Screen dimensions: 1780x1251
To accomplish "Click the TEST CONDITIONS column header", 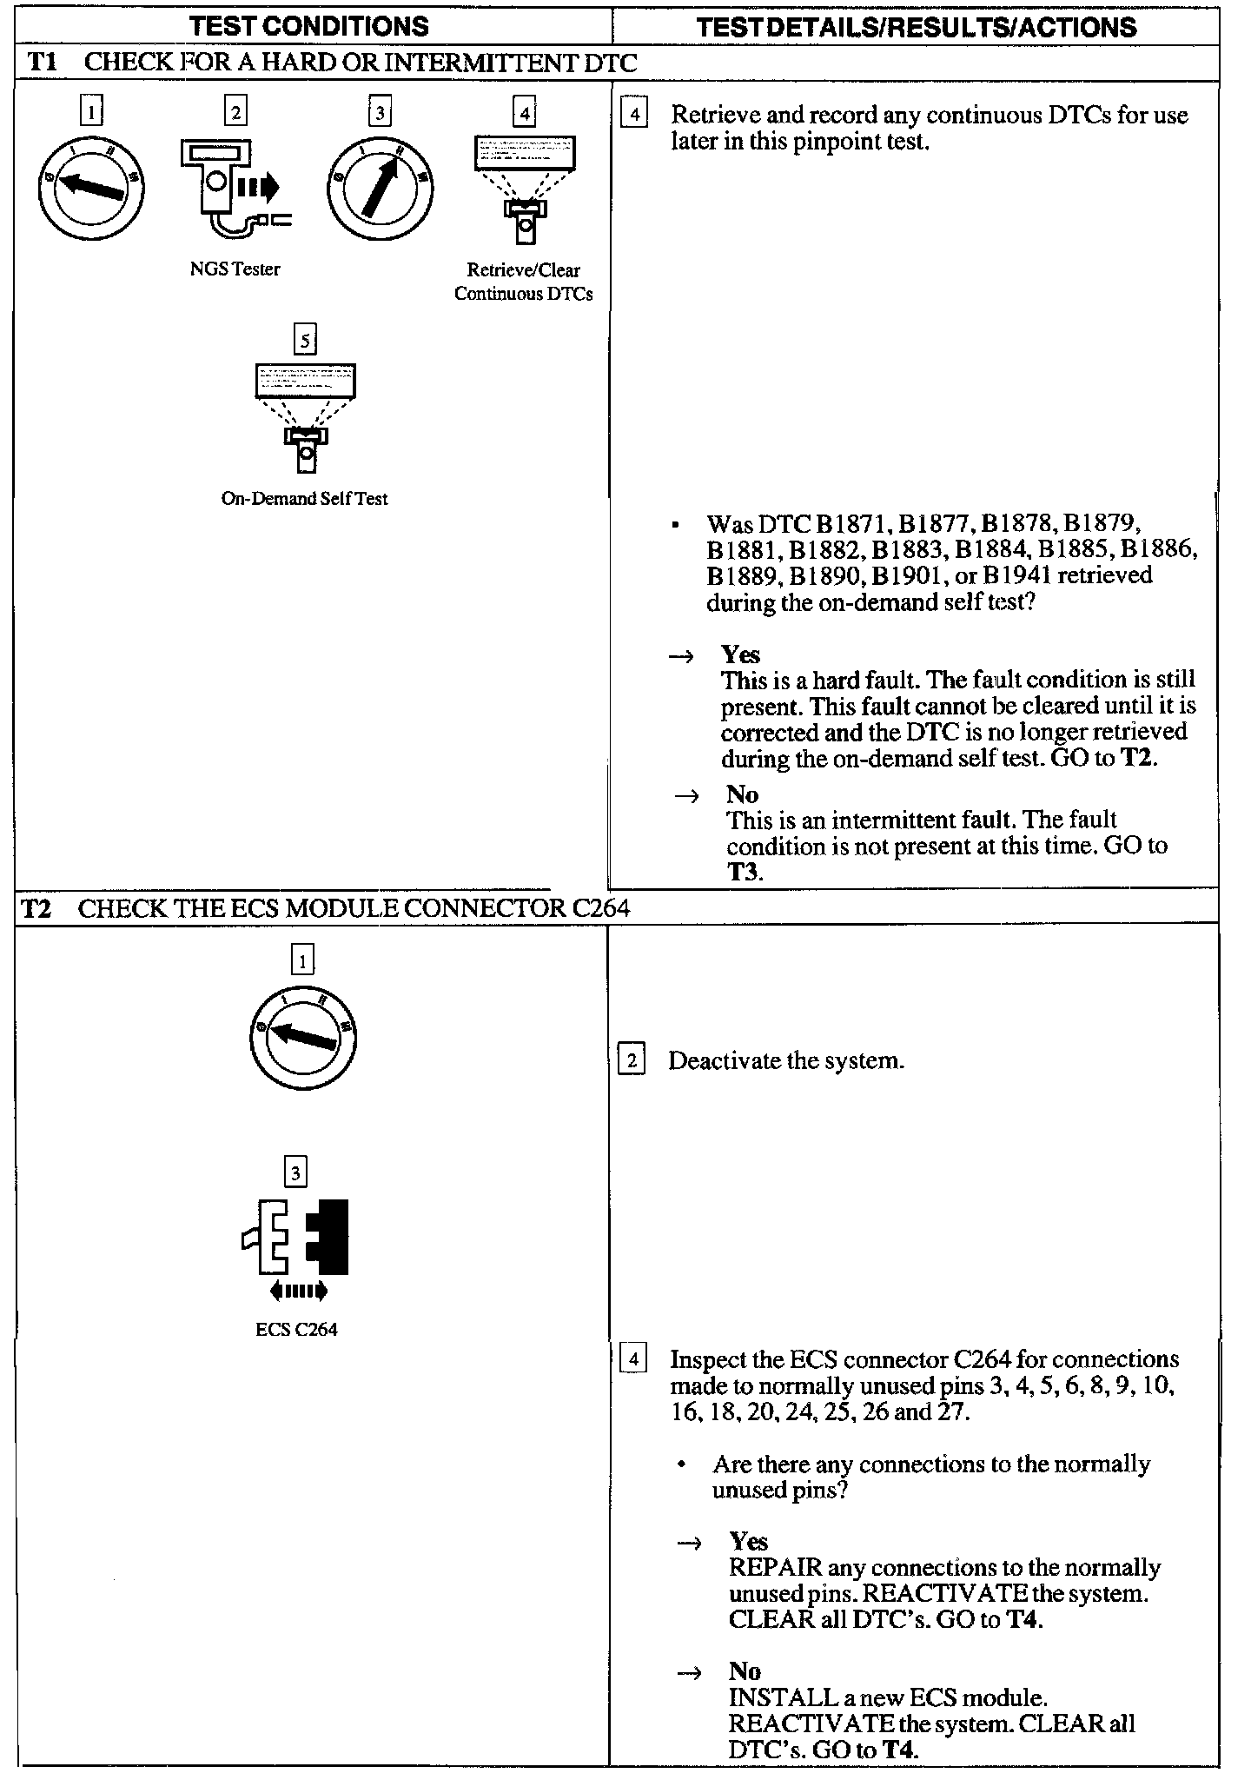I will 309,26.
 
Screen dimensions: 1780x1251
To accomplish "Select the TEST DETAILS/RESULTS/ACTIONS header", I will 917,27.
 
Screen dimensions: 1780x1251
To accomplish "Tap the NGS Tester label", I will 235,269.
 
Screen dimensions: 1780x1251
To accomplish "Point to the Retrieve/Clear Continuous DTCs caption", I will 523,282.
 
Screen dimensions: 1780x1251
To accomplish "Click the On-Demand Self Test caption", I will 304,499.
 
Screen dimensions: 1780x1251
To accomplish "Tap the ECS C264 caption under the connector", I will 296,1329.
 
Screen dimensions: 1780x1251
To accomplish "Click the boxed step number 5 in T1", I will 304,340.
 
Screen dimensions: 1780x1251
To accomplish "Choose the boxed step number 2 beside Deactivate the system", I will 631,1060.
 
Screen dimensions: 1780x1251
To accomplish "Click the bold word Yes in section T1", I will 740,654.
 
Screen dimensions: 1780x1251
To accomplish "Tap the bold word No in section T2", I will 745,1671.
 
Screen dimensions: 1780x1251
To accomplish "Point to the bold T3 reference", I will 744,872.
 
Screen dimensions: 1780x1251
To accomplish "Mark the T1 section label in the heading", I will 42,63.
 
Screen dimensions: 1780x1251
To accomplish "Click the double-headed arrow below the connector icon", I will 298,1292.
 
